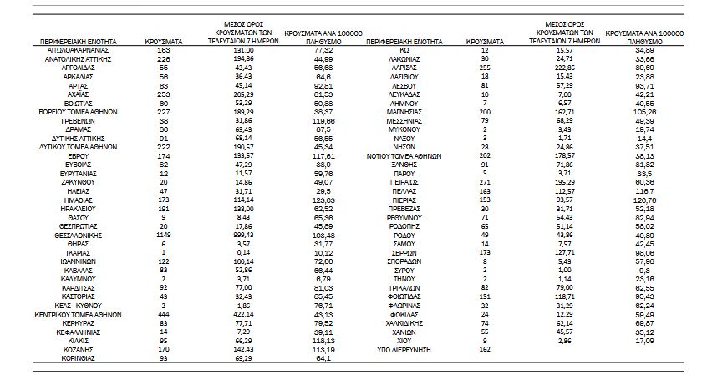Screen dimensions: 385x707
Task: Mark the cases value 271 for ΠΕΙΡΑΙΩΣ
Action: pyautogui.click(x=485, y=181)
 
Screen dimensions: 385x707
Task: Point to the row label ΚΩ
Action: pyautogui.click(x=407, y=51)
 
